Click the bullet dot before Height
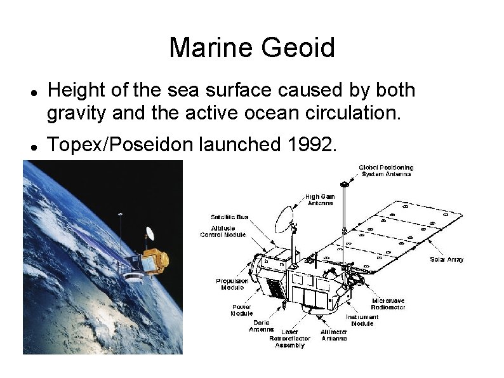point(32,91)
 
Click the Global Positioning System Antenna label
point(386,170)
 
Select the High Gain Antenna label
point(321,200)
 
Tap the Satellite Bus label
point(229,217)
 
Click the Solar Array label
point(447,259)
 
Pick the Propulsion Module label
point(232,283)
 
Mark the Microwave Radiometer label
point(388,304)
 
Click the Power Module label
point(241,309)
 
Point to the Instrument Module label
point(362,320)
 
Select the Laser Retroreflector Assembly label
point(289,338)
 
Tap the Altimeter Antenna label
point(334,335)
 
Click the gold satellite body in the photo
point(154,259)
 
